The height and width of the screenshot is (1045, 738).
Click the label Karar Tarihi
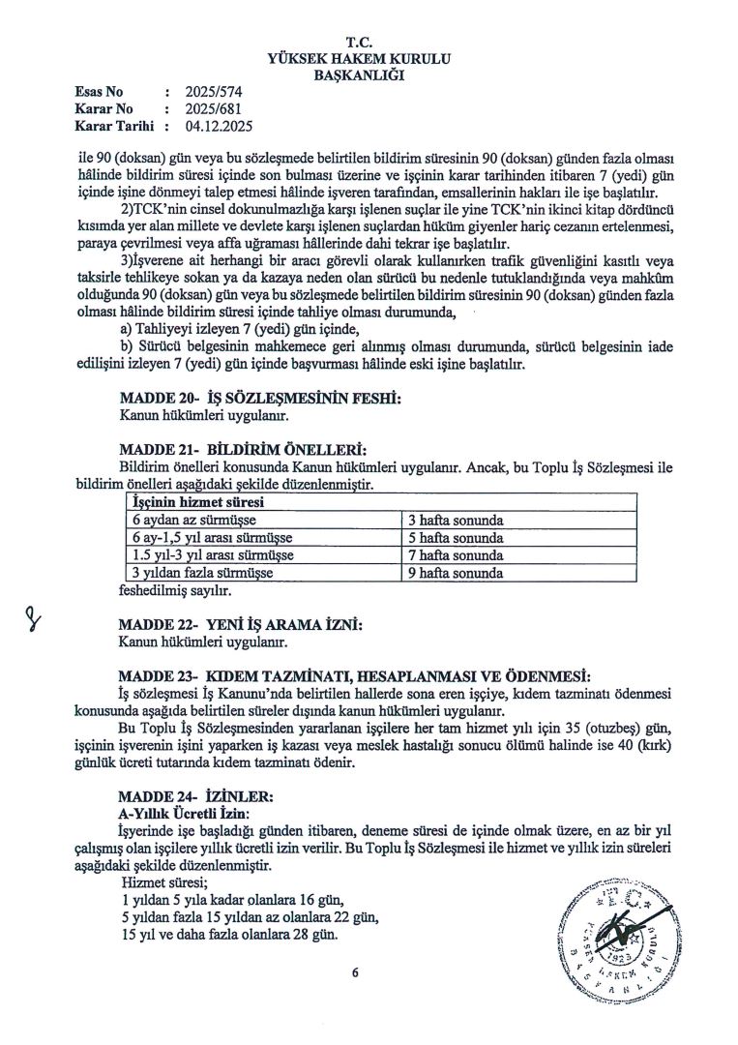click(x=112, y=125)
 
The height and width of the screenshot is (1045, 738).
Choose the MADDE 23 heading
click(x=352, y=674)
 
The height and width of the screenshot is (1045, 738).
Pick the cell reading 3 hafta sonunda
click(x=456, y=521)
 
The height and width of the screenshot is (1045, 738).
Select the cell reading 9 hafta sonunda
click(x=456, y=573)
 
